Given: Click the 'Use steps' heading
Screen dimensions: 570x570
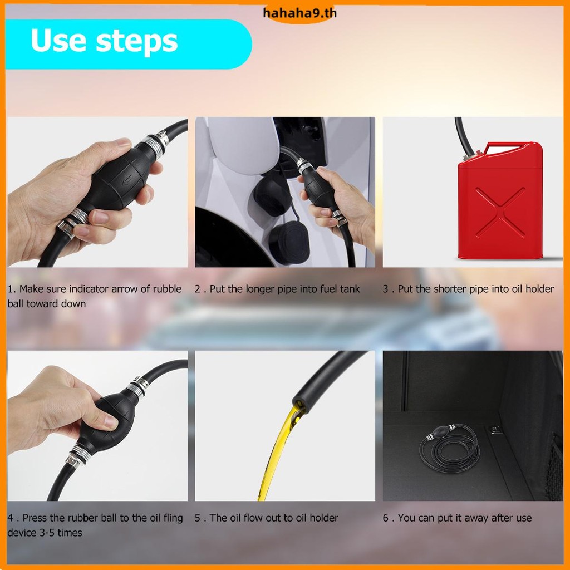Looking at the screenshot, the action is [104, 41].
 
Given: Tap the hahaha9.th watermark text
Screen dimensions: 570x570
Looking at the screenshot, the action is [299, 13].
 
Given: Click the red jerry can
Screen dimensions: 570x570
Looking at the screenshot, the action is [500, 200].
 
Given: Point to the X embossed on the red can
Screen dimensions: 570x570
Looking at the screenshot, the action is [500, 212].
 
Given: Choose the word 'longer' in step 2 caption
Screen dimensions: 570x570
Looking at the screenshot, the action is [261, 289].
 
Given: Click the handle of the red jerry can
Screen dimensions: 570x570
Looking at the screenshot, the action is [509, 146].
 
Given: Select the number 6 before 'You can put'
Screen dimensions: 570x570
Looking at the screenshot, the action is [385, 518].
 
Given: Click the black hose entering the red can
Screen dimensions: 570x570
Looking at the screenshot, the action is [464, 136].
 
